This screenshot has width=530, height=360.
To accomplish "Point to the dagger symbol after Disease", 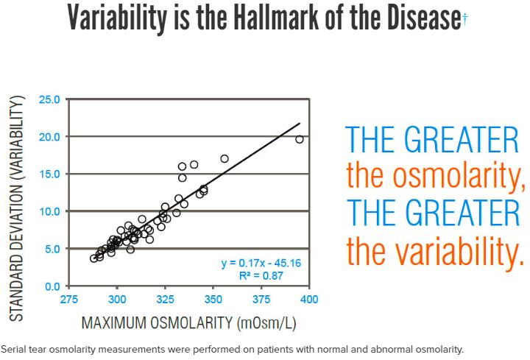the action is [x=465, y=19].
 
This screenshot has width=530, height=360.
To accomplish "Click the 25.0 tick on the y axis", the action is [x=49, y=99].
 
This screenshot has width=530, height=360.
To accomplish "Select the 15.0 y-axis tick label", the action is [x=49, y=174].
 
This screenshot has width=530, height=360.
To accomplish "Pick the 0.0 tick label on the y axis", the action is [x=52, y=286].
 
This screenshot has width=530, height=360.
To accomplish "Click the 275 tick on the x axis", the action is [x=69, y=300].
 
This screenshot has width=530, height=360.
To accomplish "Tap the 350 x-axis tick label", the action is [x=213, y=300].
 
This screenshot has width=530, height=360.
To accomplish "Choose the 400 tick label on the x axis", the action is [x=309, y=300].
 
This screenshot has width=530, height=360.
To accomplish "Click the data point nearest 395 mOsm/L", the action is [x=300, y=139].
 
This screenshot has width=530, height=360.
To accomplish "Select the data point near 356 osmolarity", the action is [x=225, y=158].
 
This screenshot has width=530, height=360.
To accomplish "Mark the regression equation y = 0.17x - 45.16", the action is [x=261, y=263].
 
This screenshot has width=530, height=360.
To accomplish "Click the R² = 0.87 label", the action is [x=261, y=276].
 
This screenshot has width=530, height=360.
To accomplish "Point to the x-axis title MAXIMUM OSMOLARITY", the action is [x=158, y=322].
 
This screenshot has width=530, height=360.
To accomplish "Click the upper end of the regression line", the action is [x=300, y=123].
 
